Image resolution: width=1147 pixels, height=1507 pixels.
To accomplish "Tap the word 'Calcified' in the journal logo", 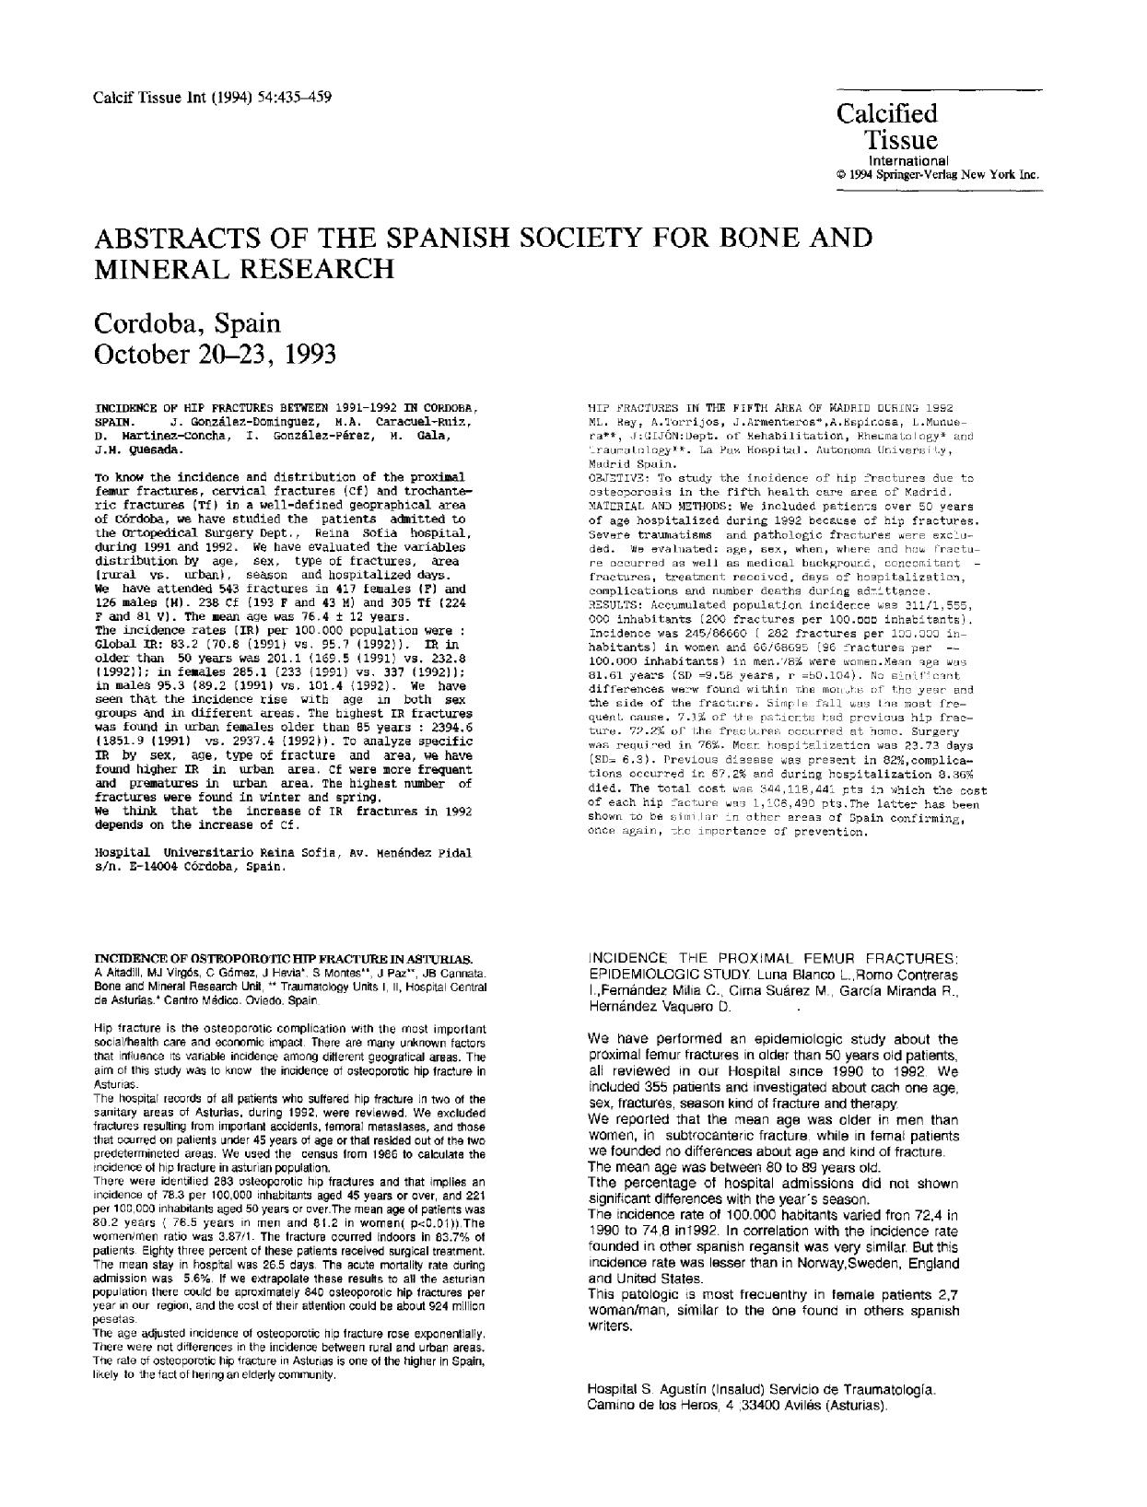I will (886, 113).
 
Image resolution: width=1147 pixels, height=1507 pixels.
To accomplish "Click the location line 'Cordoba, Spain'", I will (187, 323).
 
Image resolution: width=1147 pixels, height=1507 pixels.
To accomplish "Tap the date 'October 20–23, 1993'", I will (215, 354).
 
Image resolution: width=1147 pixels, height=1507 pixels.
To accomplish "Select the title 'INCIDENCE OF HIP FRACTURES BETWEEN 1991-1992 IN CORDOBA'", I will (285, 406).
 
